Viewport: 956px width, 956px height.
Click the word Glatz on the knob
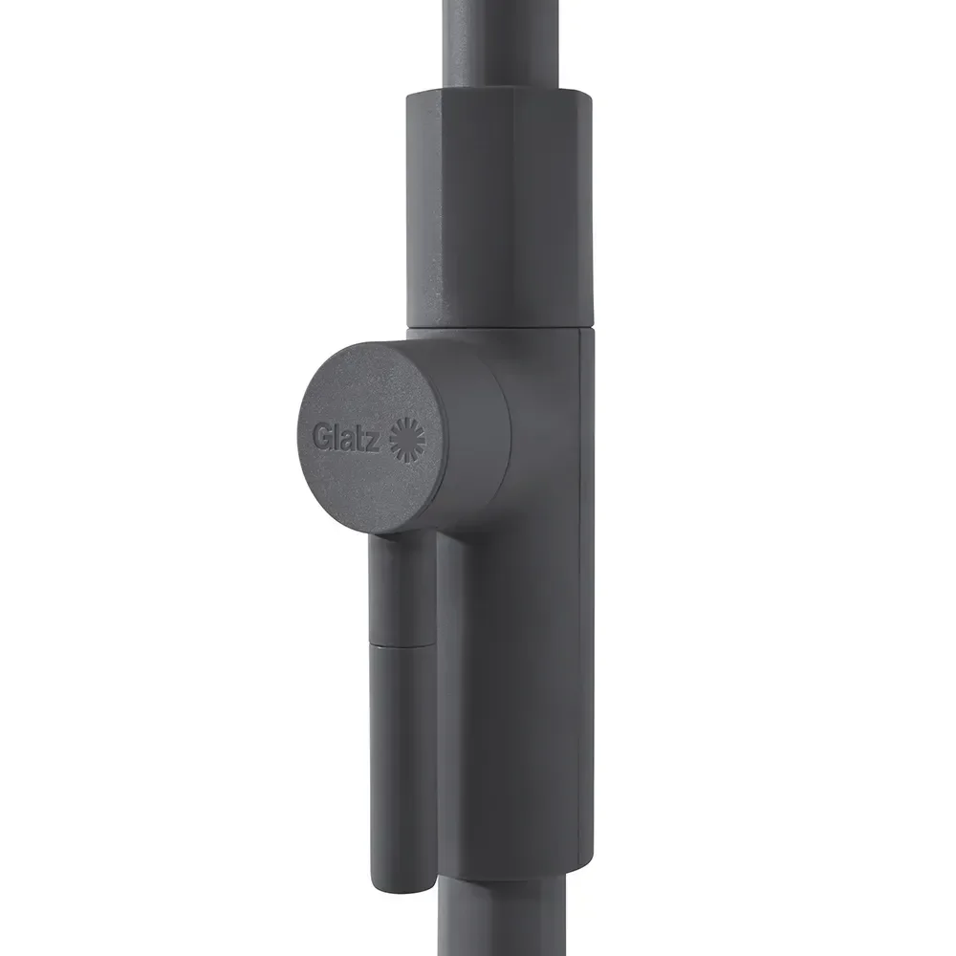pyautogui.click(x=348, y=438)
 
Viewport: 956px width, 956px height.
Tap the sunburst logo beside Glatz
pyautogui.click(x=407, y=437)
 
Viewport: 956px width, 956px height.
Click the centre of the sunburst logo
pyautogui.click(x=407, y=437)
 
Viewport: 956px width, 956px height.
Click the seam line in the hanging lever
pyautogui.click(x=402, y=645)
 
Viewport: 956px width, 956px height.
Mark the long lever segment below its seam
pyautogui.click(x=402, y=765)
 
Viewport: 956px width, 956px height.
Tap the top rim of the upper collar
pyautogui.click(x=492, y=91)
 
